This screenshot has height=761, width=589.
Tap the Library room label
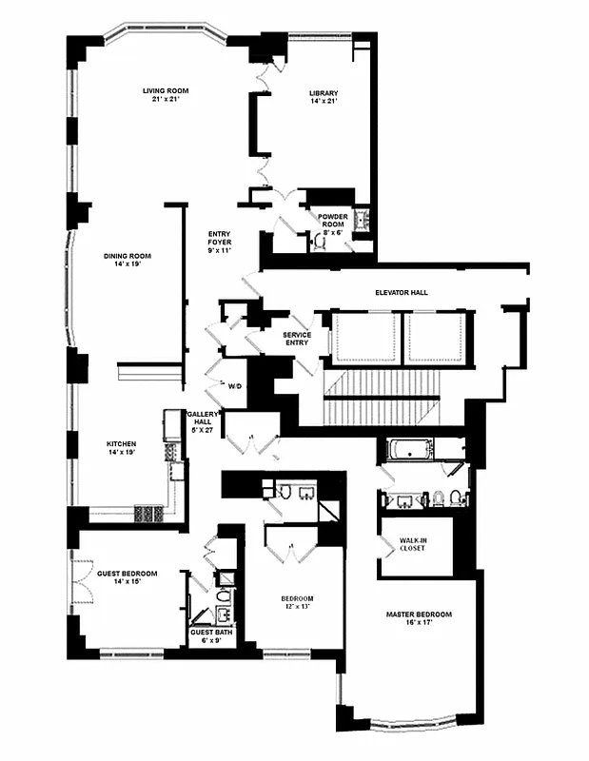point(324,93)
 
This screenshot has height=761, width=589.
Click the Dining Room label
point(128,256)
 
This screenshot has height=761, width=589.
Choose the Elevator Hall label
point(402,293)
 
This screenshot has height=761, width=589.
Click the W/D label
point(235,386)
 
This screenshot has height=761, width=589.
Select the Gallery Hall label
point(204,415)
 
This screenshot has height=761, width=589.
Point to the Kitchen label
point(122,444)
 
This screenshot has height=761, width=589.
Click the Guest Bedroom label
point(128,574)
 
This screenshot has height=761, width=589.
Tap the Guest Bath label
point(210,633)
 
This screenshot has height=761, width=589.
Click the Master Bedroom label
point(419,615)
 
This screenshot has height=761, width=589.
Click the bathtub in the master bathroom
point(410,449)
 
